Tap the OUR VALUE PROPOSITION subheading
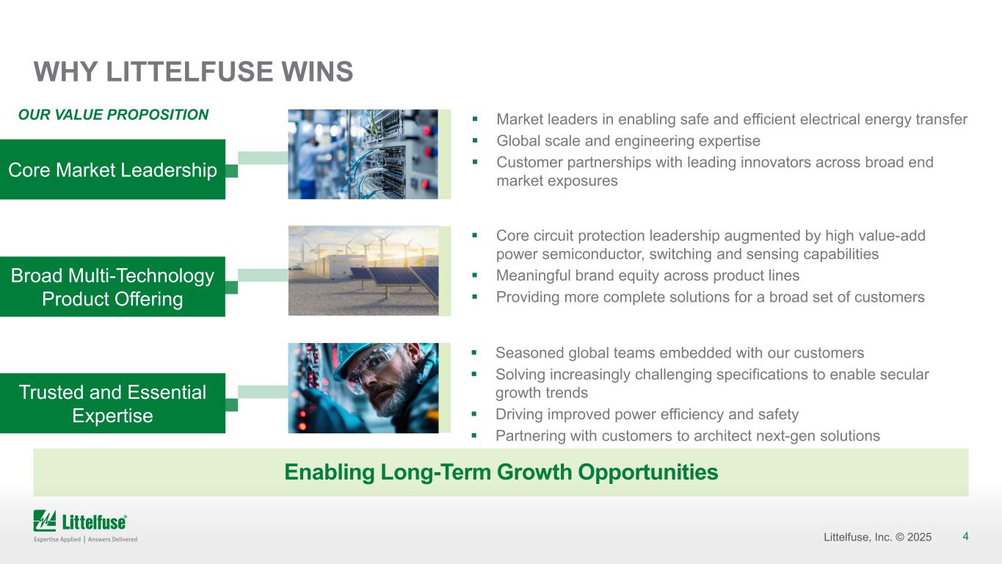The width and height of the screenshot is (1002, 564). pyautogui.click(x=113, y=115)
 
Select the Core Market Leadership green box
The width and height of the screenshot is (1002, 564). pyautogui.click(x=112, y=169)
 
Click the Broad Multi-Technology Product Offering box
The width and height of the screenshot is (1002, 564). pyautogui.click(x=112, y=286)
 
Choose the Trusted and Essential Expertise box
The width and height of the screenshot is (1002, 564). pyautogui.click(x=112, y=403)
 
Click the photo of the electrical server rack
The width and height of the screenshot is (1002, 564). pyautogui.click(x=363, y=154)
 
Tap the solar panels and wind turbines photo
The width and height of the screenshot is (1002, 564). pyautogui.click(x=363, y=271)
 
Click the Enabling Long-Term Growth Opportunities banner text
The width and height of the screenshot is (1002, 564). pyautogui.click(x=501, y=472)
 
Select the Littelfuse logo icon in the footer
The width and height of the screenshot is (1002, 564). pyautogui.click(x=45, y=521)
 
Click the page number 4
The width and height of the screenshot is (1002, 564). pyautogui.click(x=965, y=536)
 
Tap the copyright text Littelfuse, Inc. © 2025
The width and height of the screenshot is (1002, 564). pyautogui.click(x=878, y=537)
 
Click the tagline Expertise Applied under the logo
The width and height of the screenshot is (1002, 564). pyautogui.click(x=57, y=539)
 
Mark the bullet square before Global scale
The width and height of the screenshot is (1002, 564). pyautogui.click(x=475, y=140)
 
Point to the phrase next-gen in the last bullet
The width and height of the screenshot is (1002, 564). pyautogui.click(x=785, y=436)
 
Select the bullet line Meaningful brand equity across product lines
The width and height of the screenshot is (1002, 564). pyautogui.click(x=647, y=275)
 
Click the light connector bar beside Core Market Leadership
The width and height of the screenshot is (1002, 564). pyautogui.click(x=263, y=158)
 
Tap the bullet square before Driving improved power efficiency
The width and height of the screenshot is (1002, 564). pyautogui.click(x=474, y=414)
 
